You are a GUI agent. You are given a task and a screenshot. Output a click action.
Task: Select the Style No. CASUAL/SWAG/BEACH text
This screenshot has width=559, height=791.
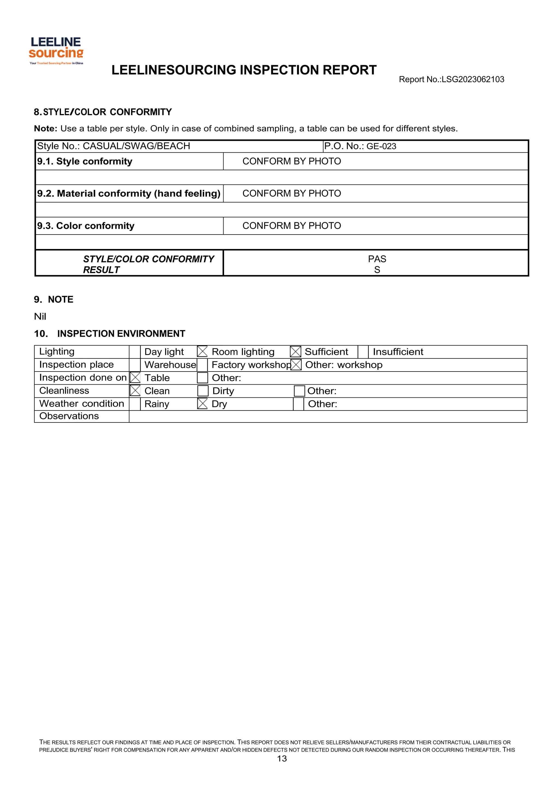[x=114, y=146]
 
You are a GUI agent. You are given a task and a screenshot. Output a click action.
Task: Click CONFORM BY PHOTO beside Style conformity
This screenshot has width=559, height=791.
[x=292, y=161]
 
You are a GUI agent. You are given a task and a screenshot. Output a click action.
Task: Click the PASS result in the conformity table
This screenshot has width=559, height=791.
[x=377, y=264]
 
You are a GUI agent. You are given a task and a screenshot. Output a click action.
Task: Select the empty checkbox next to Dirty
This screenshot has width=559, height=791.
[x=203, y=391]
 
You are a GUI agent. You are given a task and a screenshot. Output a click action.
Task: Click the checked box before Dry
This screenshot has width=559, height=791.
[x=203, y=404]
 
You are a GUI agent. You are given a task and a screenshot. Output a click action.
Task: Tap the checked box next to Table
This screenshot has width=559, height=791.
[x=135, y=378]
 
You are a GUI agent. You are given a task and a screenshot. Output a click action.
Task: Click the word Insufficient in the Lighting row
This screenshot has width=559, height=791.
[x=398, y=352]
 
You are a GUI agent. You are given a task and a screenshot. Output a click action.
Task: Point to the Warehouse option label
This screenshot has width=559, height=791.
[x=170, y=365]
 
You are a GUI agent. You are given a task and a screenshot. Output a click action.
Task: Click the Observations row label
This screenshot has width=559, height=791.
[x=69, y=416]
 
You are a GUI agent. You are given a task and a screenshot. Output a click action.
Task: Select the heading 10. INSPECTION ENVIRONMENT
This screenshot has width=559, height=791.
[x=109, y=334]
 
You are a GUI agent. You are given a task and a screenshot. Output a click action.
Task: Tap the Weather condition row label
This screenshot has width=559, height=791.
[x=81, y=403]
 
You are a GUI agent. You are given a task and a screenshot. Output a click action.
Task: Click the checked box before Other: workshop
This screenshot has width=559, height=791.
[x=296, y=365]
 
